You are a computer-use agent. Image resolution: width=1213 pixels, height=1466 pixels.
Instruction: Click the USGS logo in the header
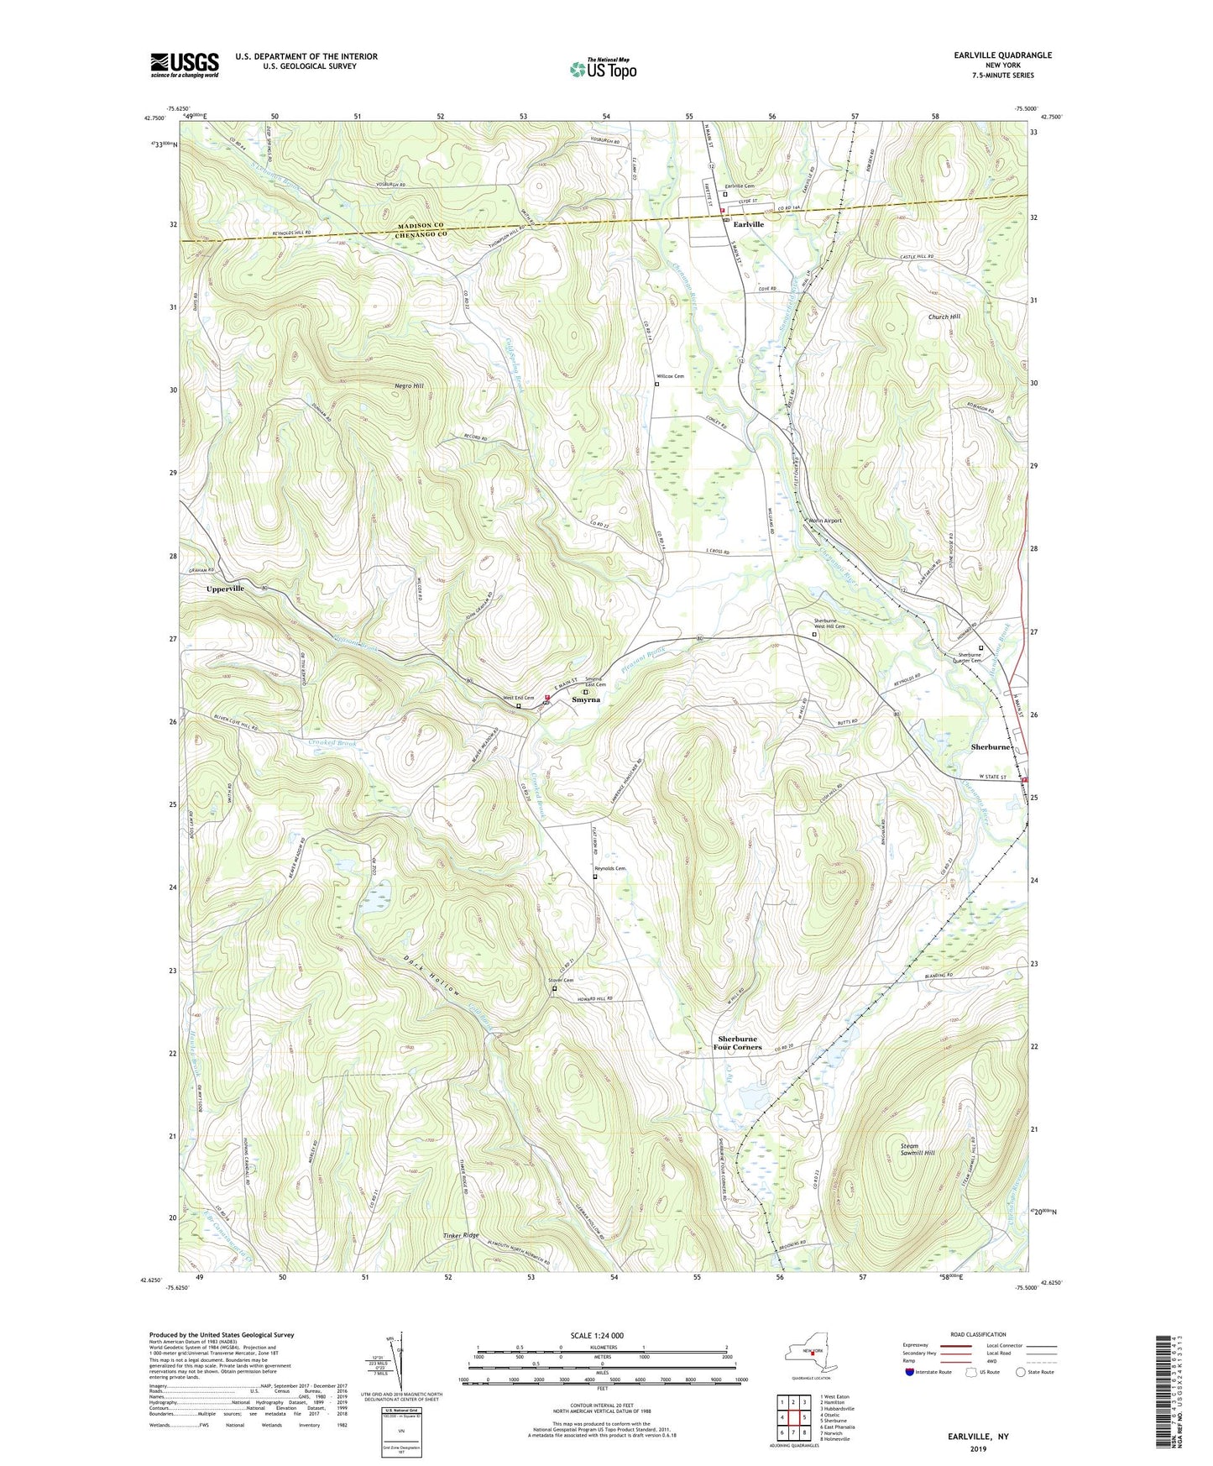pyautogui.click(x=185, y=65)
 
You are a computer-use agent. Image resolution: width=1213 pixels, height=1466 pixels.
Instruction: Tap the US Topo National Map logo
pyautogui.click(x=603, y=69)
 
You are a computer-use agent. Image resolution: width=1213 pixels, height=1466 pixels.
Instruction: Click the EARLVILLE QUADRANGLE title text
pyautogui.click(x=1002, y=55)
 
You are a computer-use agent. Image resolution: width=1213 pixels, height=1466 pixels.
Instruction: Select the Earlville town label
pyautogui.click(x=748, y=225)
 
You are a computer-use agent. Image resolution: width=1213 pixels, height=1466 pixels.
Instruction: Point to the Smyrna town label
pyautogui.click(x=586, y=699)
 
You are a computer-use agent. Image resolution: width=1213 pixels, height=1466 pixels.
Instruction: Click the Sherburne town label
pyautogui.click(x=991, y=746)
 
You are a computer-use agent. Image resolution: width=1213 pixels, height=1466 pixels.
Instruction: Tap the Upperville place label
pyautogui.click(x=225, y=589)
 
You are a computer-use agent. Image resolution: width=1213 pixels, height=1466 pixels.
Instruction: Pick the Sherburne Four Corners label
pyautogui.click(x=737, y=1043)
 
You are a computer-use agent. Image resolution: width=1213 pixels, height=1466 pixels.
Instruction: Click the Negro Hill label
pyautogui.click(x=409, y=385)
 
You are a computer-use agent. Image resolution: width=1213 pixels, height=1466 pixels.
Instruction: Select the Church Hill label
pyautogui.click(x=944, y=317)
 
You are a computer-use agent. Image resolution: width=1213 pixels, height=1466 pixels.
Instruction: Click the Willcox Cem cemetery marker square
pyautogui.click(x=656, y=385)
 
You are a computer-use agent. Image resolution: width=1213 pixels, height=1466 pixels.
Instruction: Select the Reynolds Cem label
pyautogui.click(x=609, y=869)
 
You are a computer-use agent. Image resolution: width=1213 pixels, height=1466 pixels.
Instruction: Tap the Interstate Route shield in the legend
pyautogui.click(x=910, y=1372)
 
